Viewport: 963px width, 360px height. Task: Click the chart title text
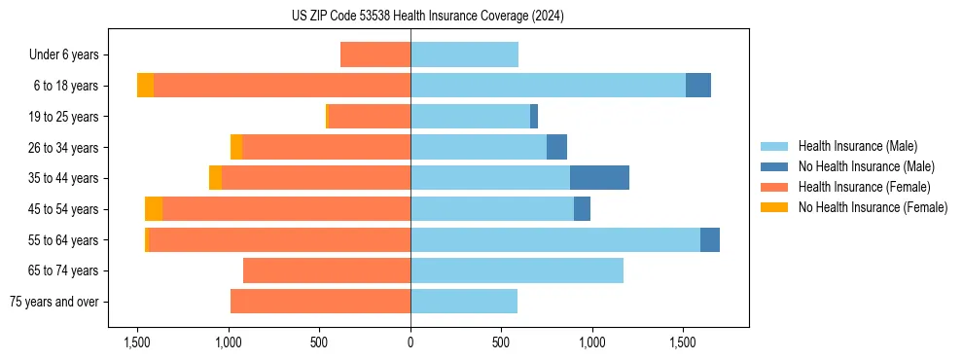click(x=427, y=16)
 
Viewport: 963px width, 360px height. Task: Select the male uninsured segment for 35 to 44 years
click(x=599, y=178)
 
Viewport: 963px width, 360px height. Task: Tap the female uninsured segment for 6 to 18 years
click(x=145, y=86)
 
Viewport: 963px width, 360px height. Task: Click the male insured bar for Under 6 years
click(x=464, y=54)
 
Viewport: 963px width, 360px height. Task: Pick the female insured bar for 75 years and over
click(x=320, y=302)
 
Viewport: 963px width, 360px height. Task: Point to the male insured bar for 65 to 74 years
click(x=517, y=270)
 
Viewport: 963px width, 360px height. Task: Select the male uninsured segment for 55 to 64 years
click(x=710, y=239)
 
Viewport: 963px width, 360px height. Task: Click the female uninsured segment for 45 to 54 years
click(x=154, y=209)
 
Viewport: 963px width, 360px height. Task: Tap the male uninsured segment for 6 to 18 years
click(x=698, y=86)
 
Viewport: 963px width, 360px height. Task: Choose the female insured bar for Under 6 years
click(x=375, y=54)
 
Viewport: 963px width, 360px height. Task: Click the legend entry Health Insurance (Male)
click(x=858, y=146)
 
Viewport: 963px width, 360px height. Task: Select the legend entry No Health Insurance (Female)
click(x=873, y=207)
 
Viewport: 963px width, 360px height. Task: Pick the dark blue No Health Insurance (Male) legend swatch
click(x=774, y=166)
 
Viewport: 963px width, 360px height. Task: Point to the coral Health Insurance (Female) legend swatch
click(x=774, y=187)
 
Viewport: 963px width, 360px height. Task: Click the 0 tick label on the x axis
click(x=410, y=342)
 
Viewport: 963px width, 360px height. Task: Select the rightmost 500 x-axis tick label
click(x=501, y=342)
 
